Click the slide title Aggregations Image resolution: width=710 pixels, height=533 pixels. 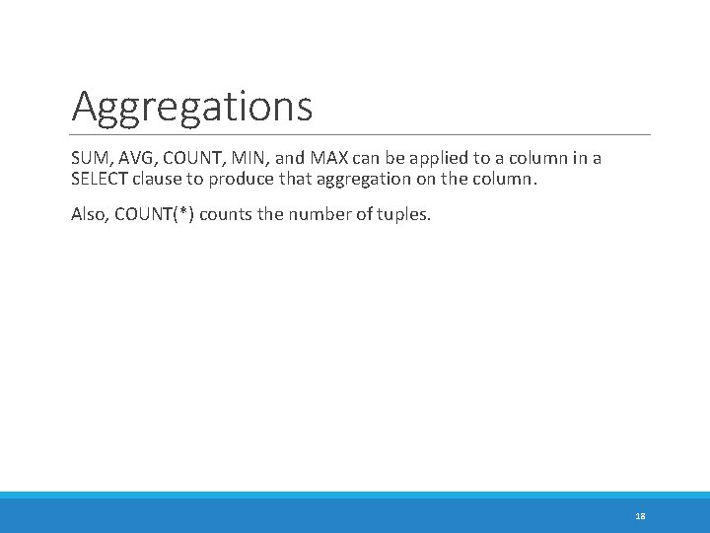[x=191, y=106]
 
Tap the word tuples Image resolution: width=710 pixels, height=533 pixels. [x=404, y=213]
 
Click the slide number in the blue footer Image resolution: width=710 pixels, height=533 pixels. [x=640, y=515]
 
